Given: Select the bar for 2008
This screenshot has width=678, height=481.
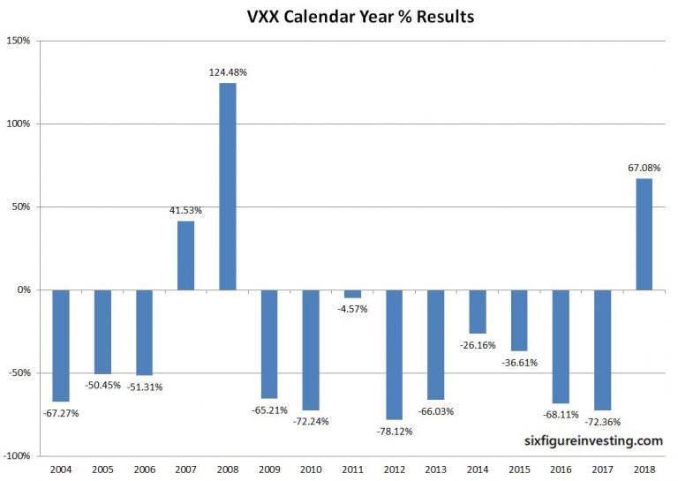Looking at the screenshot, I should tap(227, 186).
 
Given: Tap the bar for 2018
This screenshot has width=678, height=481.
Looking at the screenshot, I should tap(644, 234).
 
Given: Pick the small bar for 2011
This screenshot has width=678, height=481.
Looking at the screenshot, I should tap(352, 294).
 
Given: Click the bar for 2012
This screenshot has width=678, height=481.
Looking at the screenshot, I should tap(394, 354).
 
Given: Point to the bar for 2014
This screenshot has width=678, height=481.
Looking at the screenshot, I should tap(478, 312).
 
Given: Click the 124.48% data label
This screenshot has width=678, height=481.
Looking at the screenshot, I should tap(227, 72).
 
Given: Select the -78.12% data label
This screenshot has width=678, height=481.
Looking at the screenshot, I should tap(394, 432).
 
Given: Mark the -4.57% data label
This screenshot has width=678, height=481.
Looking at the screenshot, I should tap(352, 309).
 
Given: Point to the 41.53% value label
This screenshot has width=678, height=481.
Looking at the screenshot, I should tap(185, 210).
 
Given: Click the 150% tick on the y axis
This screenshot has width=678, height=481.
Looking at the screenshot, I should tap(19, 41).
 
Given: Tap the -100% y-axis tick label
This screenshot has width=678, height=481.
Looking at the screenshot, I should tap(17, 456).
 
